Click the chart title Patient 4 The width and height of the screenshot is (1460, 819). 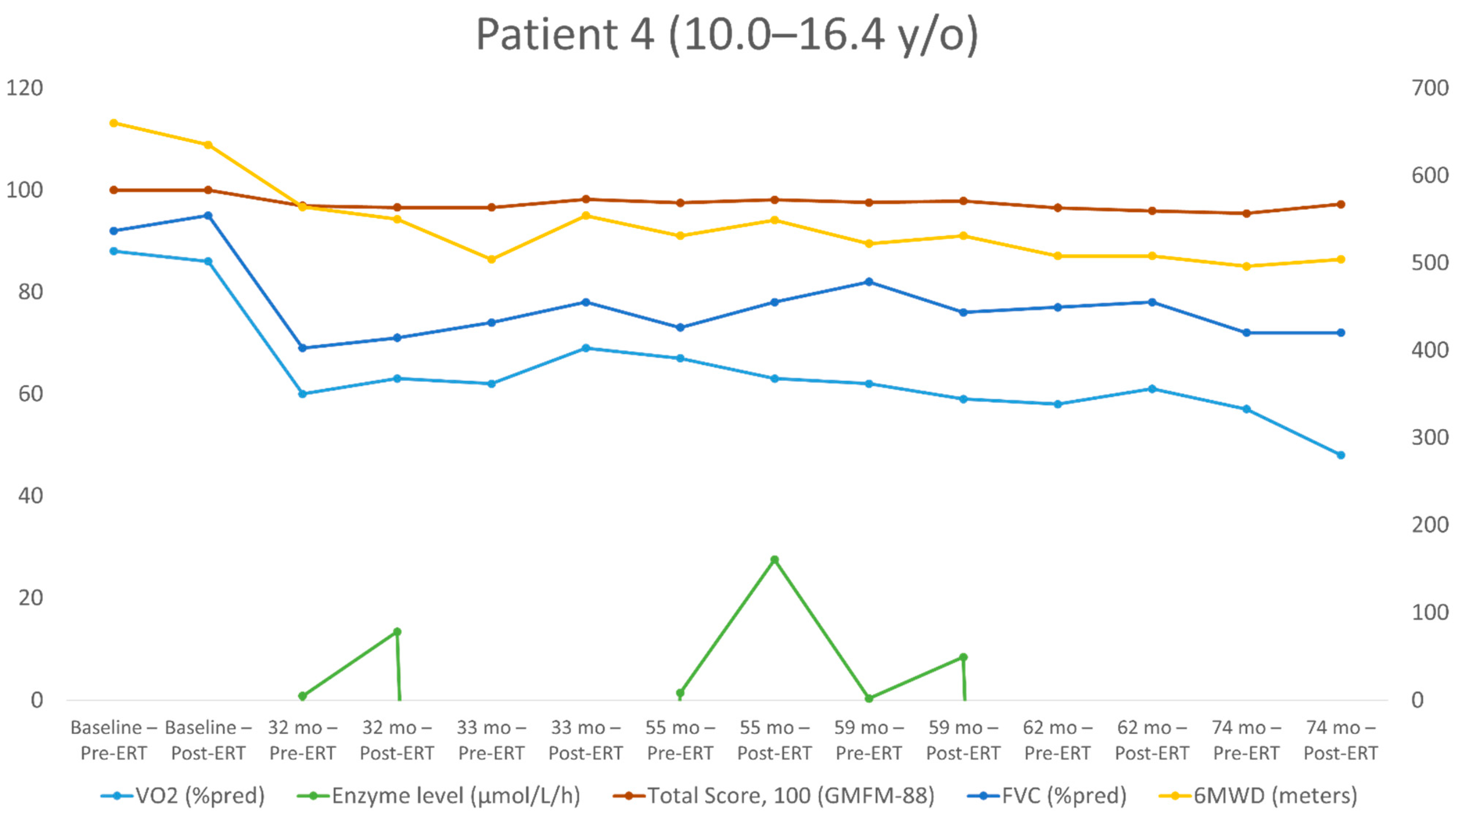[x=727, y=35]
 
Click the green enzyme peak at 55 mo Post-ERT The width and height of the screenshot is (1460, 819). [x=774, y=559]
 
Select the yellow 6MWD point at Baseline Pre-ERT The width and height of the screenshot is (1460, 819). [x=113, y=123]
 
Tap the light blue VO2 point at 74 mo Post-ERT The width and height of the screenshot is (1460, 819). [x=1340, y=455]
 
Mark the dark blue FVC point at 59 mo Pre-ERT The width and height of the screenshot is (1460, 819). [x=868, y=281]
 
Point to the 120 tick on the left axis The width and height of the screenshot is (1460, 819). [x=24, y=88]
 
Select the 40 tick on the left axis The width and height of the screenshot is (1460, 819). [x=30, y=496]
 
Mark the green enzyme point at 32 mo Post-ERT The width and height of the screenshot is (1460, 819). [x=397, y=632]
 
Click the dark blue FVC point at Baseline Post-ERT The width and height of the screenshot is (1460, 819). [x=208, y=215]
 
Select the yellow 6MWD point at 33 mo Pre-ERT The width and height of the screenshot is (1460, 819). [x=491, y=260]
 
